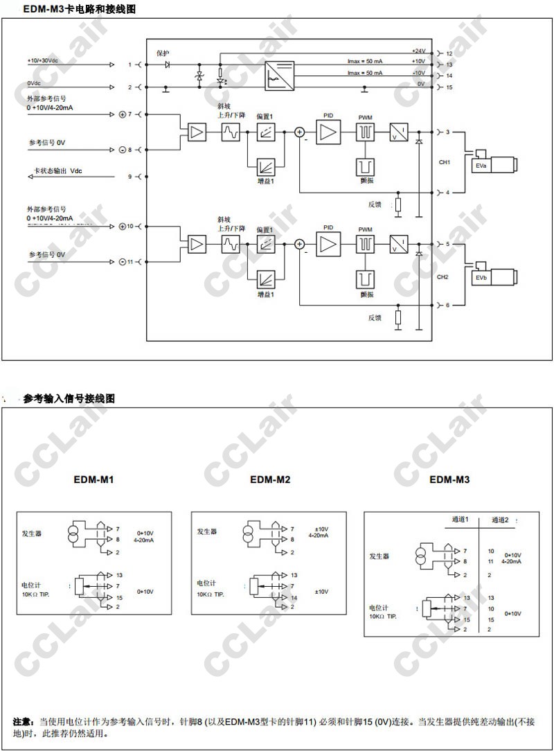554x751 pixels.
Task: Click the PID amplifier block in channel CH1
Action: click(x=329, y=132)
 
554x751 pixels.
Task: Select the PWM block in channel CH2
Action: click(x=365, y=244)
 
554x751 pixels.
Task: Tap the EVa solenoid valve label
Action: click(x=480, y=166)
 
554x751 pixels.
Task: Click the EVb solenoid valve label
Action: click(x=480, y=279)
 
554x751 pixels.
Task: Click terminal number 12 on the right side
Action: click(x=449, y=53)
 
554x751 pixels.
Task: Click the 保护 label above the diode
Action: click(x=163, y=53)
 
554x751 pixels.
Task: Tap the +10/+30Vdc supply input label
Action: click(x=43, y=61)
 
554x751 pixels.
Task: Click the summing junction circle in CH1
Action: click(x=300, y=132)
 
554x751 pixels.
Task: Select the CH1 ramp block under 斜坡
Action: click(x=231, y=132)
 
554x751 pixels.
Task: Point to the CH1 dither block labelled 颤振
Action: click(x=365, y=166)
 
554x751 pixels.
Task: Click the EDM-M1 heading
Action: click(x=94, y=479)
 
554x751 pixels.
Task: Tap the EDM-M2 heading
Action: click(x=270, y=479)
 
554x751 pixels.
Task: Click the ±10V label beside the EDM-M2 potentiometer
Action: click(x=321, y=592)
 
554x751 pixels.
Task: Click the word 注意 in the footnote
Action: click(x=24, y=721)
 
